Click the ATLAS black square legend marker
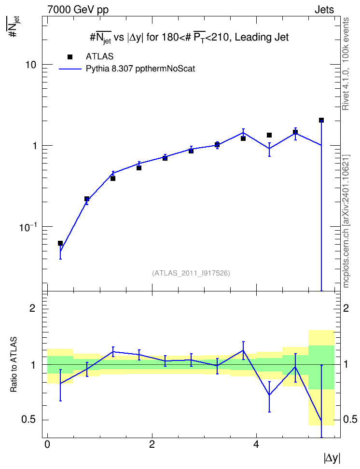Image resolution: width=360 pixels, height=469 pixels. click(70, 57)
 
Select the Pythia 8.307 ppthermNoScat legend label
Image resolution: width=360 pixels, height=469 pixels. click(140, 69)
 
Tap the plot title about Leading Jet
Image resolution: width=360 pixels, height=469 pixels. click(190, 38)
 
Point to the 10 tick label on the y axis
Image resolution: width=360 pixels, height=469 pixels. click(30, 65)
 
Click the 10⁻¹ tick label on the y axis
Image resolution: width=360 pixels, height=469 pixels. click(28, 227)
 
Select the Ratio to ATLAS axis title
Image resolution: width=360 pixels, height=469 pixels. click(14, 365)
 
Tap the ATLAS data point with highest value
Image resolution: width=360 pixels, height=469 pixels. click(321, 120)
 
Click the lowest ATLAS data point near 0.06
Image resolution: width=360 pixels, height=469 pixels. click(60, 243)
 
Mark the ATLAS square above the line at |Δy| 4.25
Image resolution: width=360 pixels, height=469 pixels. click(269, 135)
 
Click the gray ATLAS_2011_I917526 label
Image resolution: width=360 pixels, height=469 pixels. click(191, 273)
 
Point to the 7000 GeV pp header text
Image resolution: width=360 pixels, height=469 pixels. click(78, 10)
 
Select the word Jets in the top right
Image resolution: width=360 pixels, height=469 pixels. click(324, 10)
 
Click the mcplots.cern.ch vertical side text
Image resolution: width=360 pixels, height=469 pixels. click(346, 221)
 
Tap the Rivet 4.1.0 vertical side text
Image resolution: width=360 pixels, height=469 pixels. click(346, 64)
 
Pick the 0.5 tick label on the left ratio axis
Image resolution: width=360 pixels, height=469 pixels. click(28, 420)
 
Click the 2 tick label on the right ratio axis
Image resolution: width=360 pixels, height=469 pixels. click(346, 308)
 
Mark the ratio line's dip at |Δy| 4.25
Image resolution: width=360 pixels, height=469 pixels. click(269, 395)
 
